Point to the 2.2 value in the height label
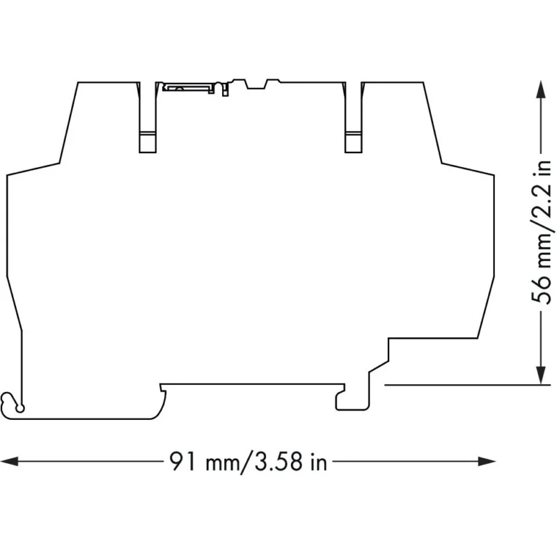(x=541, y=198)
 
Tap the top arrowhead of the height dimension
(x=541, y=89)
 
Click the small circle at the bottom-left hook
(x=21, y=409)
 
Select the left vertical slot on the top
(x=148, y=117)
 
